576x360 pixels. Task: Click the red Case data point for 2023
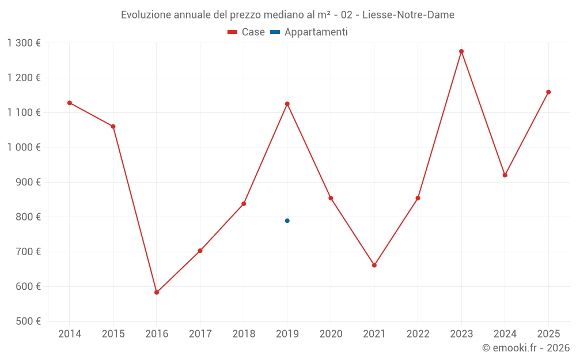click(x=461, y=51)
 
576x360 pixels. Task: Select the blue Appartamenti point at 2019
click(x=287, y=221)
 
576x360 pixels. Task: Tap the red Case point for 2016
click(x=157, y=293)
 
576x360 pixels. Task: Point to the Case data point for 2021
click(x=374, y=266)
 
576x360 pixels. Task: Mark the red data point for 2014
click(x=70, y=103)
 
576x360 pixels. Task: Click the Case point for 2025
click(x=548, y=92)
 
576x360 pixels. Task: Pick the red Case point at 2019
click(x=287, y=104)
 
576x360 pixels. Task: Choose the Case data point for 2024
click(x=505, y=175)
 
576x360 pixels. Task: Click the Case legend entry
click(x=246, y=32)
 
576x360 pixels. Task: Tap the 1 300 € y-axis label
click(x=24, y=43)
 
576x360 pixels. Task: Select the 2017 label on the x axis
click(x=200, y=334)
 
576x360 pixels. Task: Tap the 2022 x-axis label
click(x=418, y=334)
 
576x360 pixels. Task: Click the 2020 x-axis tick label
click(x=331, y=334)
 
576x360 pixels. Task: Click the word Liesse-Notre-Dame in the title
click(x=408, y=15)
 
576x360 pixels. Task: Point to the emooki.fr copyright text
click(x=526, y=348)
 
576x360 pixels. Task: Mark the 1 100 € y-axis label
click(x=24, y=113)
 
